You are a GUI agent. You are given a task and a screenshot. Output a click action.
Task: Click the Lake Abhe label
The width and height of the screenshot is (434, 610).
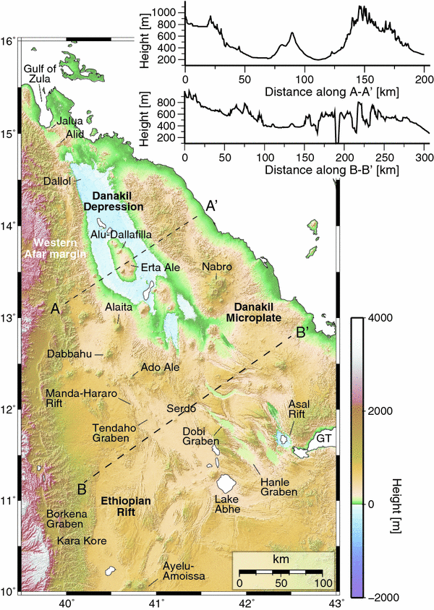(229, 503)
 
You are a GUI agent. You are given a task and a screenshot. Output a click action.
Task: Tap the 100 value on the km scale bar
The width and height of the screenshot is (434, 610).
(322, 583)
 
